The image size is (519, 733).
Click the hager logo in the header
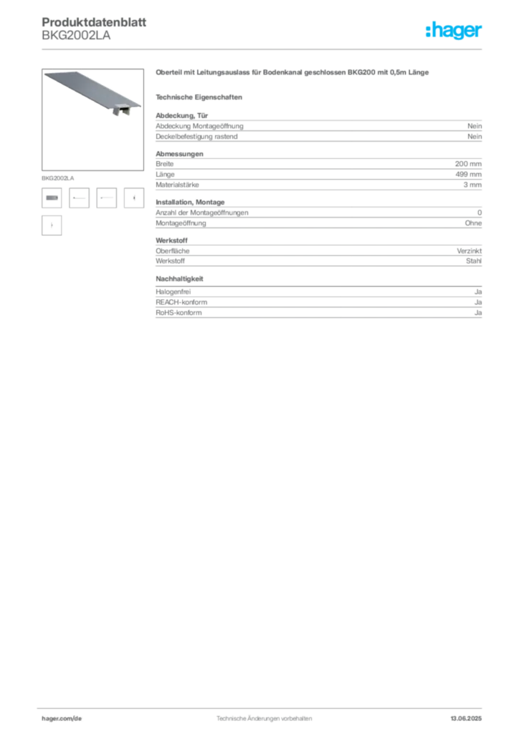coord(453,30)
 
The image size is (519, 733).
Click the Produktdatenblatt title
coord(94,22)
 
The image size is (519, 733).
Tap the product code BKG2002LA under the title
coord(76,36)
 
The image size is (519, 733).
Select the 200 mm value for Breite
coord(468,164)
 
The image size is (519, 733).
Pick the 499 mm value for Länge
coord(468,174)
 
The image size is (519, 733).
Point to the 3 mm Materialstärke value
coord(472,185)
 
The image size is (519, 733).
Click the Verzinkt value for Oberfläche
coord(469,251)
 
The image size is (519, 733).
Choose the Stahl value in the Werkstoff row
coord(474,261)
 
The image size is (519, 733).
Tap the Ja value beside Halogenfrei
coord(478,292)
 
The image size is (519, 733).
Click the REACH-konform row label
coord(181,302)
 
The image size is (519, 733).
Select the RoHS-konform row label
coord(178,313)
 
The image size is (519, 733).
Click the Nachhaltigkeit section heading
coord(179,278)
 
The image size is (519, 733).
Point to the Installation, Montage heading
coord(190,202)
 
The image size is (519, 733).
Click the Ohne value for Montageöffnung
coord(473,223)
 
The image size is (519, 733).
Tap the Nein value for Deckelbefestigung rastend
coord(475,137)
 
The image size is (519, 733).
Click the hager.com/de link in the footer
coord(62,719)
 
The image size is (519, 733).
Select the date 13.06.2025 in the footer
coord(466,719)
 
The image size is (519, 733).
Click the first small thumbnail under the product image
coord(52,198)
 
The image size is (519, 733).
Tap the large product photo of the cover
coord(92,120)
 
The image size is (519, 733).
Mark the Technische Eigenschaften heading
coord(199,97)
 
